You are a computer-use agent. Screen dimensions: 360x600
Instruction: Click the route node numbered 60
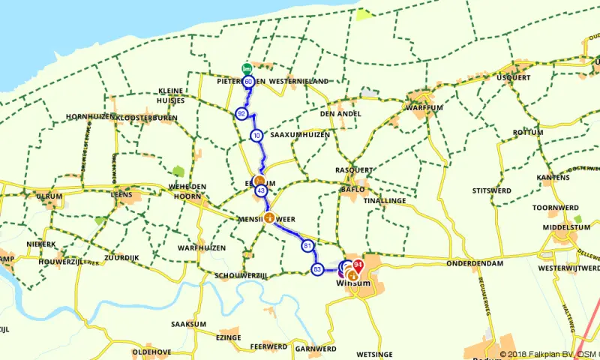[x=247, y=82]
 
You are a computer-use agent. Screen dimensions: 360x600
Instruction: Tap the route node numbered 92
[x=241, y=113]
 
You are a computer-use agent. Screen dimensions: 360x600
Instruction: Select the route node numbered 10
[x=256, y=136]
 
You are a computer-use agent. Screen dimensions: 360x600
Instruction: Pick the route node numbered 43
[x=261, y=190]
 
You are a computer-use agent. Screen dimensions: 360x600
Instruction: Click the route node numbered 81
[x=307, y=246]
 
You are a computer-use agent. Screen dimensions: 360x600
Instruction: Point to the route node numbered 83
[x=317, y=268]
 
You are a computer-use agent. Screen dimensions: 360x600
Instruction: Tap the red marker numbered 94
[x=358, y=265]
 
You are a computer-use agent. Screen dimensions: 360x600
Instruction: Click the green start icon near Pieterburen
[x=247, y=69]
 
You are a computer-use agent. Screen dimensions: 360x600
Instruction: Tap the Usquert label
[x=514, y=77]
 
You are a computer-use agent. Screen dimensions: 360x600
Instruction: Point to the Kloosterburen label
[x=147, y=118]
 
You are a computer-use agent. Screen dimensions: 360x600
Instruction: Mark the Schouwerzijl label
[x=241, y=276]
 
